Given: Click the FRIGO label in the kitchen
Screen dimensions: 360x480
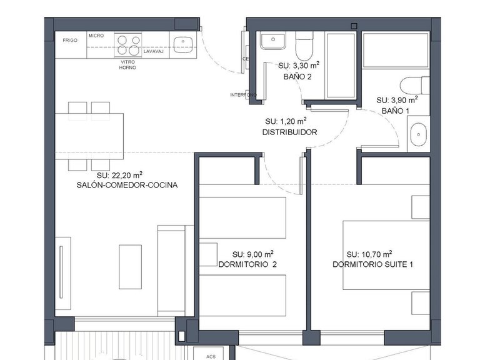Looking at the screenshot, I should coord(69,40).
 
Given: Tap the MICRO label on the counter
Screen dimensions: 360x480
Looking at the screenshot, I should coord(96,36).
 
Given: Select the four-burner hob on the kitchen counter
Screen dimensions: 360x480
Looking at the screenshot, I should coord(128,45).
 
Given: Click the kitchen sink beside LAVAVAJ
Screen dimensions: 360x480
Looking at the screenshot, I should coord(182,43).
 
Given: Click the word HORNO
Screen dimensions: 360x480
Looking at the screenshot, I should coord(127,67).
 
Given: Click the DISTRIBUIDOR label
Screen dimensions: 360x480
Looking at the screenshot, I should coord(289,132).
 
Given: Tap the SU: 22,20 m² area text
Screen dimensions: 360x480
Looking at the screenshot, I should coord(119,175).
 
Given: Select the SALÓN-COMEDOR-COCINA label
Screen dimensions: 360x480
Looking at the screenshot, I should coord(127,186).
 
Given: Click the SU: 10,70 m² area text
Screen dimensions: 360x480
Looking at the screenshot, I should coord(369,254).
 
